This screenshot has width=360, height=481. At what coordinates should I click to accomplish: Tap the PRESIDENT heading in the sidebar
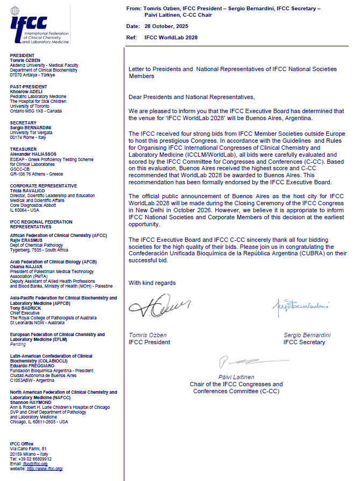(22, 55)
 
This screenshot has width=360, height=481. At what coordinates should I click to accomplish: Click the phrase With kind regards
(152, 283)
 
